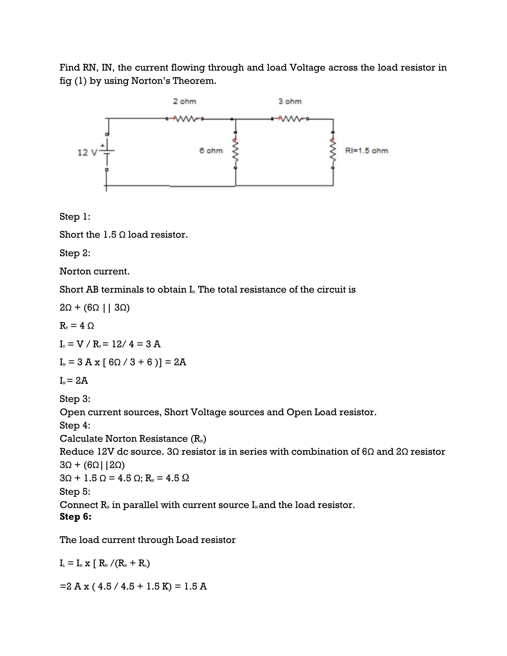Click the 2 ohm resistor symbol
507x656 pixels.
[184, 119]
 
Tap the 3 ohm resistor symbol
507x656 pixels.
[290, 119]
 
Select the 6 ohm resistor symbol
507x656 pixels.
[236, 150]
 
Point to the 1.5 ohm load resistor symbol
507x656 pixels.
[333, 150]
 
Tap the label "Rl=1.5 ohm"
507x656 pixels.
[366, 151]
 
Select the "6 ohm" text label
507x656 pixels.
[211, 151]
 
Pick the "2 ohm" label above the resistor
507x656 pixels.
[184, 101]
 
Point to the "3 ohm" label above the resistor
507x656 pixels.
[290, 101]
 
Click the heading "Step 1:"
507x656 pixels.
[75, 217]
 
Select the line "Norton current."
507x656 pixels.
[95, 271]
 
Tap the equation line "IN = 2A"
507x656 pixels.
[74, 380]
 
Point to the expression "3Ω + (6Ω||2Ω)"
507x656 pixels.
[92, 465]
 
